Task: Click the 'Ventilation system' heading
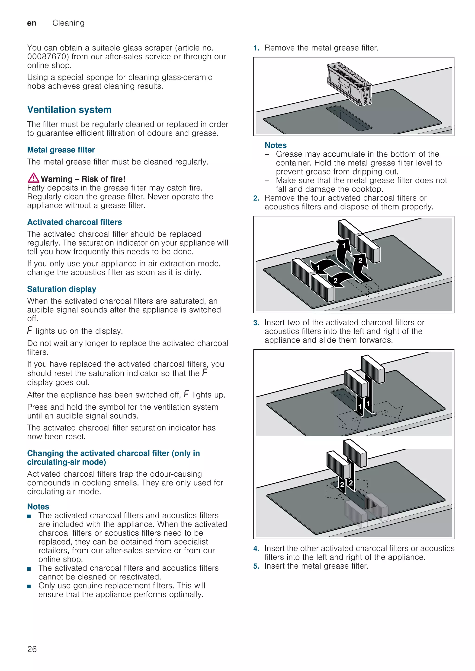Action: click(x=69, y=110)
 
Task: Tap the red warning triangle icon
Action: click(x=33, y=178)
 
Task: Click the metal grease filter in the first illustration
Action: click(x=349, y=83)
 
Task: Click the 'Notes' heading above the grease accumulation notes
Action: click(x=276, y=145)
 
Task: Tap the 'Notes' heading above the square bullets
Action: click(x=38, y=506)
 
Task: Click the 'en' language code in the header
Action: click(x=32, y=23)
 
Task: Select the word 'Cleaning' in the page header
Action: click(x=68, y=23)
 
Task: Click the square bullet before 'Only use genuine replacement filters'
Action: click(x=29, y=586)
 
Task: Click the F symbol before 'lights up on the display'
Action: click(x=29, y=331)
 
